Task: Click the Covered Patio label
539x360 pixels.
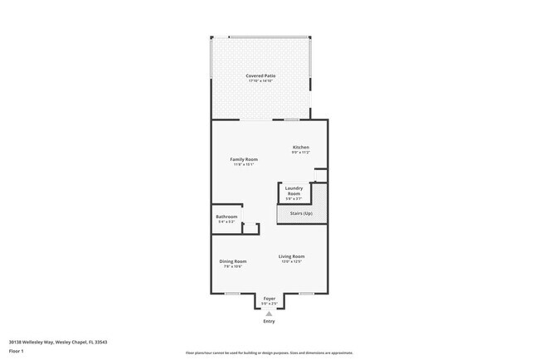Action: click(x=260, y=75)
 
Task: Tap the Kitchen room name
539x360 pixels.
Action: click(x=300, y=148)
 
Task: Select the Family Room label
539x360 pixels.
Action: click(x=244, y=159)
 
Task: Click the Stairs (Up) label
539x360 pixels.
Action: click(x=301, y=214)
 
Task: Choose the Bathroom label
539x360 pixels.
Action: click(x=226, y=217)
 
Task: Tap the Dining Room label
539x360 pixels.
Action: click(x=233, y=261)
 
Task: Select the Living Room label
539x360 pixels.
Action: click(x=291, y=256)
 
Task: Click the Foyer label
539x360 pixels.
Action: click(x=269, y=299)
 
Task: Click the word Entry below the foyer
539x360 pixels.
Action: click(x=269, y=321)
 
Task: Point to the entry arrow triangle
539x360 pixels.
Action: click(x=269, y=314)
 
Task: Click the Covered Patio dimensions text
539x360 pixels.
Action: click(x=260, y=80)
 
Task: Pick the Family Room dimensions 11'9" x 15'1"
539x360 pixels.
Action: click(x=244, y=164)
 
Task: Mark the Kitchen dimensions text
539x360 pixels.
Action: click(x=300, y=153)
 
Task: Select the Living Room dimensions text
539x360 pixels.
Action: click(x=291, y=261)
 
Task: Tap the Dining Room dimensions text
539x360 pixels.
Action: click(x=233, y=266)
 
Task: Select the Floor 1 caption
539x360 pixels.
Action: click(x=17, y=352)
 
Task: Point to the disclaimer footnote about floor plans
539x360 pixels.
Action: click(x=269, y=353)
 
